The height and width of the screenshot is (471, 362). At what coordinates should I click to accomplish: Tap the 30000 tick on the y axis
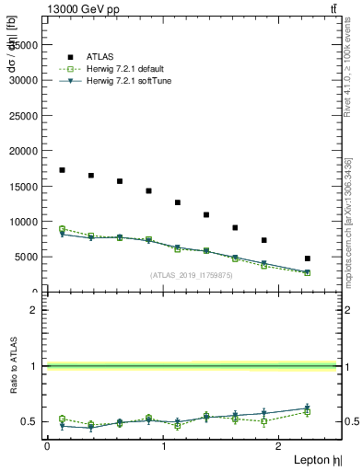26,79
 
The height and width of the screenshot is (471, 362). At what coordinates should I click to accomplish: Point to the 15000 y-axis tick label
26,186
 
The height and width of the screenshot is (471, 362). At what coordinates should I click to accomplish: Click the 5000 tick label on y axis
29,257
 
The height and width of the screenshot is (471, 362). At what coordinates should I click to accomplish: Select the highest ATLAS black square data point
62,170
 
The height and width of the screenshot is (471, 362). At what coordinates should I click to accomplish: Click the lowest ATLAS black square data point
308,258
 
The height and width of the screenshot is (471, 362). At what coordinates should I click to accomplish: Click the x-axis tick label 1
163,446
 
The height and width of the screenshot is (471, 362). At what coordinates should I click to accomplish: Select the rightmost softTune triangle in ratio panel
308,408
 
